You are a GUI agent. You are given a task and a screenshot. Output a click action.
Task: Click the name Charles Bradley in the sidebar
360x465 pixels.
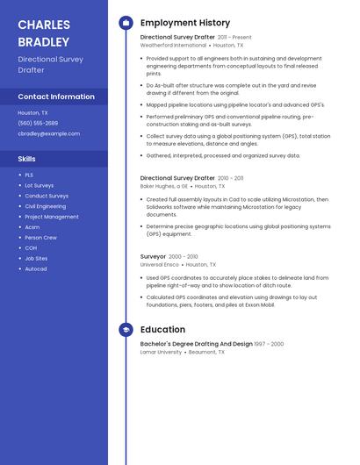click(43, 32)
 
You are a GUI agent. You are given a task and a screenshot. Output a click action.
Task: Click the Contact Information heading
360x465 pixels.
click(56, 97)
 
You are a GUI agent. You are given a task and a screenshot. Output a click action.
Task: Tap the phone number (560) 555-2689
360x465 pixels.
click(38, 123)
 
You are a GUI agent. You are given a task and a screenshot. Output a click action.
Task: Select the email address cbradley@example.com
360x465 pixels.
click(48, 133)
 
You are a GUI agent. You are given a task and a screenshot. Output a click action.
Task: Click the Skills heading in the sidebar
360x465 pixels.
click(27, 159)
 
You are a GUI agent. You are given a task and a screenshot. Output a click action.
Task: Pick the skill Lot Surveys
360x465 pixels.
click(39, 185)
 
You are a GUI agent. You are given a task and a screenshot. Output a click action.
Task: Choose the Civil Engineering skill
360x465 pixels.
click(45, 206)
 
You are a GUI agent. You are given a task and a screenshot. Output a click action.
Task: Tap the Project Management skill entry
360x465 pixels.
click(51, 217)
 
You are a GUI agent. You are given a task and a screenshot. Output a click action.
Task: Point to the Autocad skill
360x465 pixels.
click(36, 268)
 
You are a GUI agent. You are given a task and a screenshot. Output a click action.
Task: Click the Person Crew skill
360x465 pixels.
click(40, 237)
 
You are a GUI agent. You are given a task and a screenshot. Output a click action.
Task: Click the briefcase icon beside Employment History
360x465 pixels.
click(126, 23)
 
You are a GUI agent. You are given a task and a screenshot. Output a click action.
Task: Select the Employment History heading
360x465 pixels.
click(185, 23)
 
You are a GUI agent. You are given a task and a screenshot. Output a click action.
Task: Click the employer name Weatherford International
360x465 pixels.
click(173, 45)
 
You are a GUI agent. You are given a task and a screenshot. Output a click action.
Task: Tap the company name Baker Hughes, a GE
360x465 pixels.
click(164, 186)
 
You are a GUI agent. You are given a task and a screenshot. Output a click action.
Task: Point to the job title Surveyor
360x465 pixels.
click(153, 256)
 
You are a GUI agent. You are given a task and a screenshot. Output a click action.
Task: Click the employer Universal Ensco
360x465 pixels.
click(159, 264)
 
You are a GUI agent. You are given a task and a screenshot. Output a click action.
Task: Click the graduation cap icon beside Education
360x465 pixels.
click(126, 330)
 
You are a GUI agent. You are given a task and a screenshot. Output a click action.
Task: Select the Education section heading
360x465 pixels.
click(162, 330)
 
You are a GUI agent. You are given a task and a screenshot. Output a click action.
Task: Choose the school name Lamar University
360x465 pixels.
click(161, 352)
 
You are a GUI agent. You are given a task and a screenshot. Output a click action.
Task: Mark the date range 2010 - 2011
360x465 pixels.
click(231, 178)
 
